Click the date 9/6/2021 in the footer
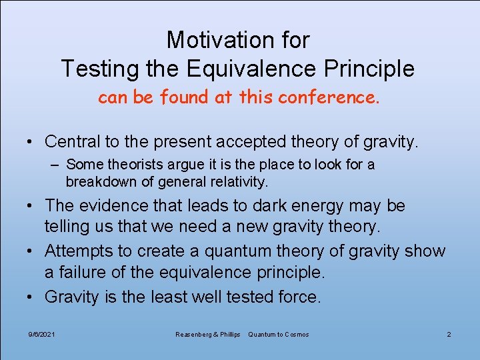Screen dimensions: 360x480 click(41, 334)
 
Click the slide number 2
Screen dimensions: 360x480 click(449, 334)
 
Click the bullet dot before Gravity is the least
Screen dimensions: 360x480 click(31, 297)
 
